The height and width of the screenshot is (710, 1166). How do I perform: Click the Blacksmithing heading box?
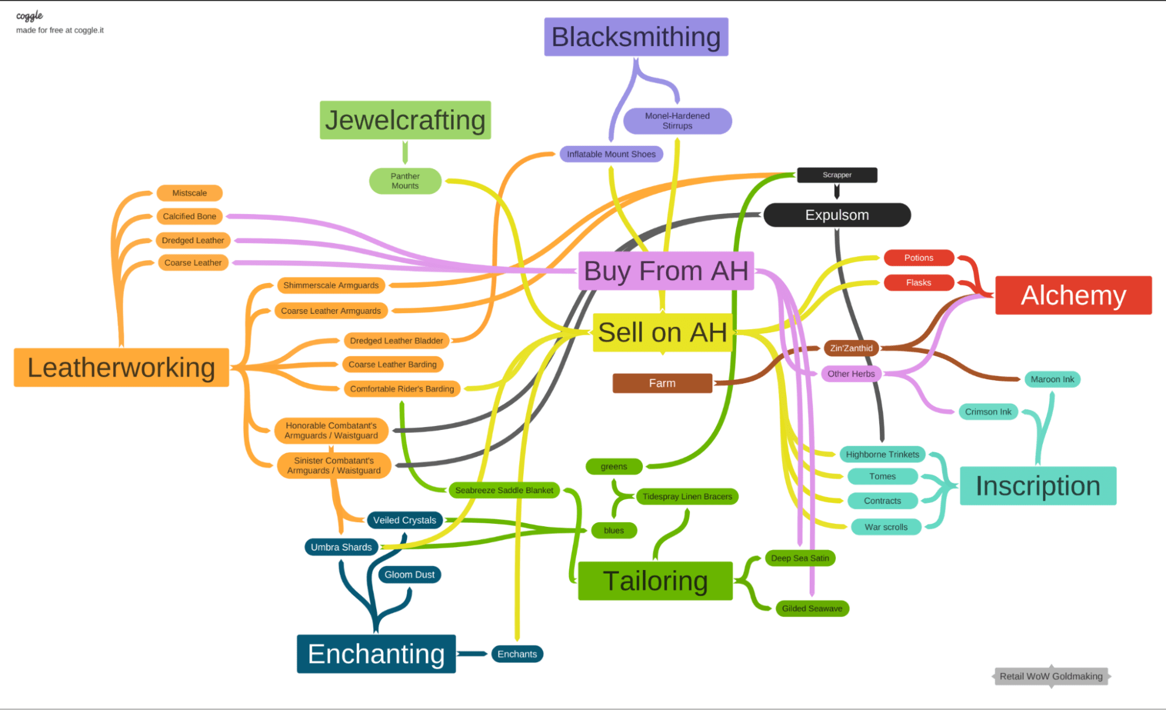636,37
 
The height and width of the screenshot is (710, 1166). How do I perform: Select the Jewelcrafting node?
405,120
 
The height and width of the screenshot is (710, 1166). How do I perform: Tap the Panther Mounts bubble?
405,181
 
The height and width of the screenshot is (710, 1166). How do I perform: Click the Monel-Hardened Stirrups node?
677,121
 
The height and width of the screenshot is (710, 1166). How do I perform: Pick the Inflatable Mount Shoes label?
611,154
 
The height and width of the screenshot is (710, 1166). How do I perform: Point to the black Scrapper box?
836,175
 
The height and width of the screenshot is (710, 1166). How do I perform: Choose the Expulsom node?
836,215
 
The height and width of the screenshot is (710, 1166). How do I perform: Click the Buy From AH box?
666,271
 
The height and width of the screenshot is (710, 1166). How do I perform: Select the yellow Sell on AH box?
662,333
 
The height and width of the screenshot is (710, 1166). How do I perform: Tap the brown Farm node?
662,383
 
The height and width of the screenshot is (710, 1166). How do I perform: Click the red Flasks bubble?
918,283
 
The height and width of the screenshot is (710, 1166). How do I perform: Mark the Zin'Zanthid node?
851,348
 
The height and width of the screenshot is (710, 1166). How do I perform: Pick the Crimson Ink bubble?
988,412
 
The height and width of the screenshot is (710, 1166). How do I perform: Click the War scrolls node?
885,527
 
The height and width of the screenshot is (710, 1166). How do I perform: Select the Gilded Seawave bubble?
812,608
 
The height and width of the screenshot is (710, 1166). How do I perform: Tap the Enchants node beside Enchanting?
517,654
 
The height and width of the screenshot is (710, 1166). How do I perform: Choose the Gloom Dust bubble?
409,575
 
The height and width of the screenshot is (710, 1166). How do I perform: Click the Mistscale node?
189,193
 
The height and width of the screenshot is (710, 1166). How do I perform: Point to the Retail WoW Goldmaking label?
1051,677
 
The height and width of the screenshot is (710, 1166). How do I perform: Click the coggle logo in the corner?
29,16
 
